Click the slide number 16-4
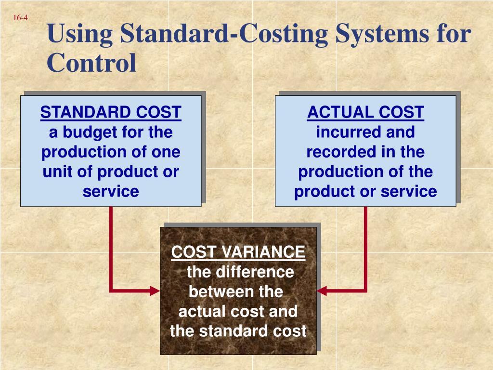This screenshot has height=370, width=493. [x=20, y=18]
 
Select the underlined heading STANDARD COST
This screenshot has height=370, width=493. [x=111, y=112]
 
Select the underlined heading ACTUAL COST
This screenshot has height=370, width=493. [x=365, y=112]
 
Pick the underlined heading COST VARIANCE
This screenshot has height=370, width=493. [x=238, y=252]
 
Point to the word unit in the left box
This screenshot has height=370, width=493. [x=59, y=172]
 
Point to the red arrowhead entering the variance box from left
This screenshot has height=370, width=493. [x=155, y=291]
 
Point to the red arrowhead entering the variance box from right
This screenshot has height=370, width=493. [x=322, y=291]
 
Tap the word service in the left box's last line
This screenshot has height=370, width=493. [x=111, y=191]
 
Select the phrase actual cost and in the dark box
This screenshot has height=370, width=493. [x=238, y=312]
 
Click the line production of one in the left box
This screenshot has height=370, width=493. [x=111, y=152]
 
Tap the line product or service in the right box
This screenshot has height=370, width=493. [x=365, y=191]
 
